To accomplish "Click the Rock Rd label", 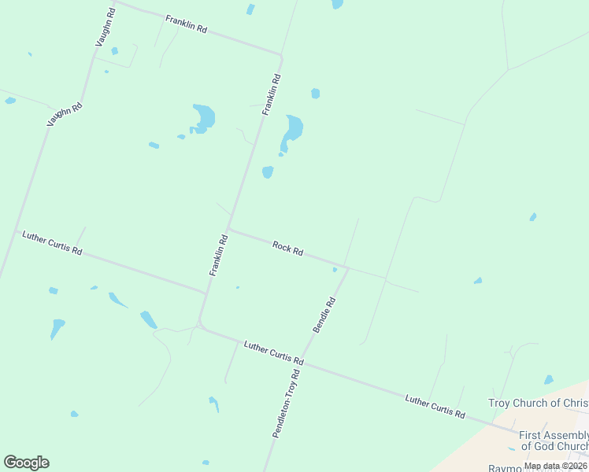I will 288,249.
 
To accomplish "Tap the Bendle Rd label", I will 324,314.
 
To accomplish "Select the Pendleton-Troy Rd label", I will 287,403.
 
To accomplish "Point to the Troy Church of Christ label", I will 538,403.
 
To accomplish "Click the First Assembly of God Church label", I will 553,441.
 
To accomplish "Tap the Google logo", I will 26,463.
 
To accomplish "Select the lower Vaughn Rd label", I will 65,115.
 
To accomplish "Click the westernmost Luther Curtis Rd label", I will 52,243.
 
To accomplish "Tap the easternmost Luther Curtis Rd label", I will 435,407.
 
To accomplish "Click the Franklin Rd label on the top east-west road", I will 186,24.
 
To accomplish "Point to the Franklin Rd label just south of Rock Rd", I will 218,255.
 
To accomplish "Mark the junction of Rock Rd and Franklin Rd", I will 228,229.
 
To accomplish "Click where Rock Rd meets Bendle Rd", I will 347,267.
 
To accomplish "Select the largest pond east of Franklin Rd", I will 293,130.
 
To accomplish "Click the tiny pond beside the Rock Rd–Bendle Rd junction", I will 335,270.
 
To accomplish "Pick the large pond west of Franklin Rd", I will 203,118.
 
